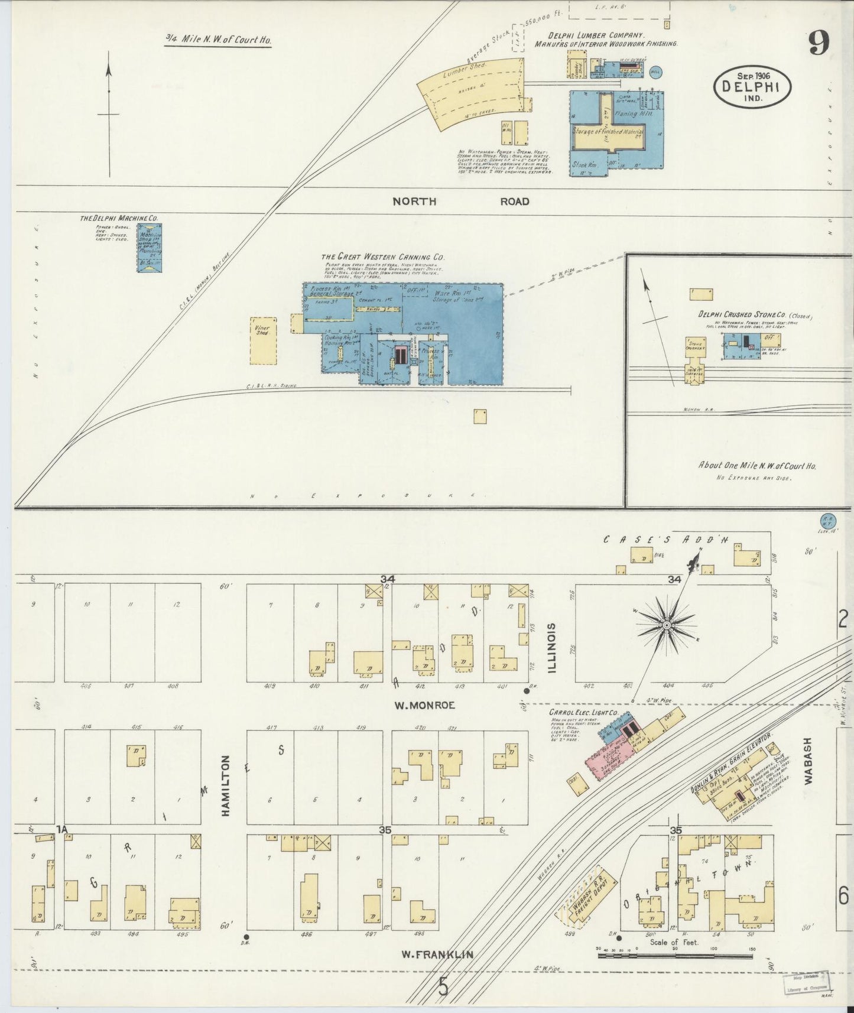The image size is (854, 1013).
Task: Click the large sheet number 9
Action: click(819, 43)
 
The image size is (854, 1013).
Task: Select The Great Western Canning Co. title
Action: click(382, 257)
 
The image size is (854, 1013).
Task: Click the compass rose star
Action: click(666, 625)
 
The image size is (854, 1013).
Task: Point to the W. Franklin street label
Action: click(438, 954)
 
